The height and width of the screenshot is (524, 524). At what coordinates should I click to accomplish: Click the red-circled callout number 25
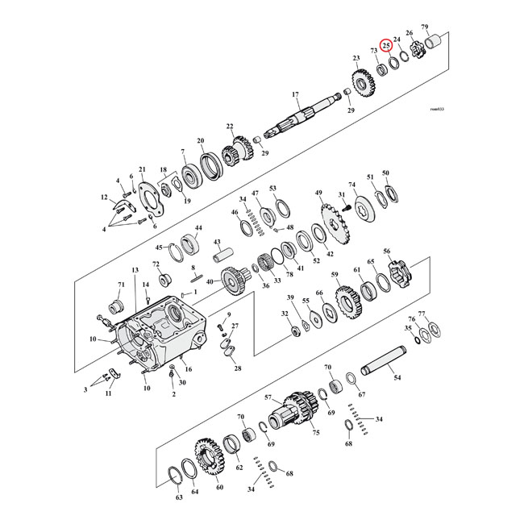(387, 46)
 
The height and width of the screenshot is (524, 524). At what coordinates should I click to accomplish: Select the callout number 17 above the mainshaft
(296, 94)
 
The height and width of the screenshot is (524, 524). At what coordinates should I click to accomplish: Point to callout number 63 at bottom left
(179, 498)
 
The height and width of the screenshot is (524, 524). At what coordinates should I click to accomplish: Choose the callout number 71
(122, 285)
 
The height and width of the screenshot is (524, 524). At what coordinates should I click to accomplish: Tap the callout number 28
(238, 368)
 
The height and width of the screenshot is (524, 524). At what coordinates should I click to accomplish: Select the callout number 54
(397, 376)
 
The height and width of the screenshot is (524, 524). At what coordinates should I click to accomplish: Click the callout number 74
(351, 185)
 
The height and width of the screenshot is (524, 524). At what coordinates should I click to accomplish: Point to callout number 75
(316, 433)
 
